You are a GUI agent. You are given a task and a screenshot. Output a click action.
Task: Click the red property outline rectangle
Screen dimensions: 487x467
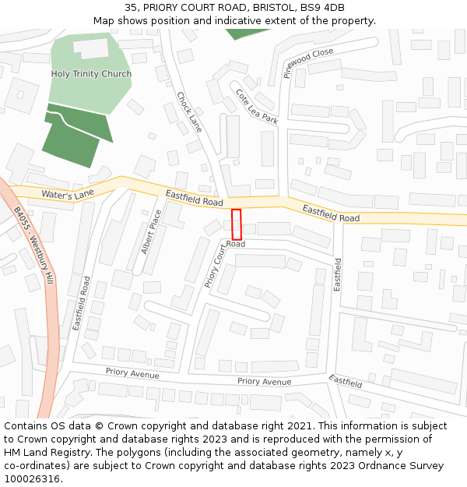[237, 224]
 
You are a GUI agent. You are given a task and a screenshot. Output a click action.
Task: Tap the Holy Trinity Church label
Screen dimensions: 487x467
[91, 74]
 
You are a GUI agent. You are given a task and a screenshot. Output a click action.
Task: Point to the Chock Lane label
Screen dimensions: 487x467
[189, 112]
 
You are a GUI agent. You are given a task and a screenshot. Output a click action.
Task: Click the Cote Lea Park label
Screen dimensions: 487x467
[257, 107]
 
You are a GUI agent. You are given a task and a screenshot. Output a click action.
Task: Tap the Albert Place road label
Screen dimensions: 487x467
[151, 231]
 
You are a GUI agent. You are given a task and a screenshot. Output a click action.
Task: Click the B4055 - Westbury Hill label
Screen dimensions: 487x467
[33, 244]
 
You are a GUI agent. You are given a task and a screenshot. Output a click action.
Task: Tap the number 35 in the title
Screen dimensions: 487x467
[130, 8]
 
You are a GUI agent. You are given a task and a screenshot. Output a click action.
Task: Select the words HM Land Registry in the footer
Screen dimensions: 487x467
[41, 453]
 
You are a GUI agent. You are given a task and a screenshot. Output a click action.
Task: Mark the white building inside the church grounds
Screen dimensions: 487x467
[91, 48]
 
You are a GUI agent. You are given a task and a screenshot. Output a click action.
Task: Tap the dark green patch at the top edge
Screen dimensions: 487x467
[248, 34]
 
